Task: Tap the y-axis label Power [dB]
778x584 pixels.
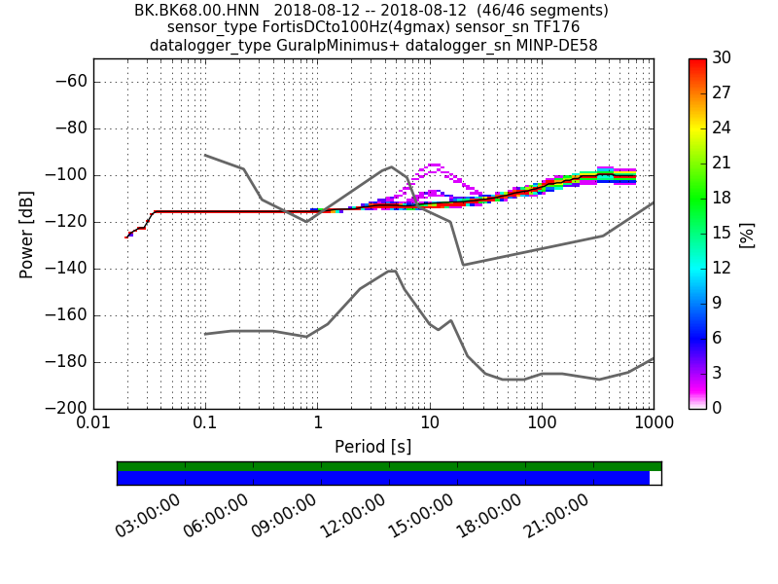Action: tap(27, 234)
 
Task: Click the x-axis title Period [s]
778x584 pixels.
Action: tap(373, 447)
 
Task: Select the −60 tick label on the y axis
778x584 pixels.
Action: tap(73, 82)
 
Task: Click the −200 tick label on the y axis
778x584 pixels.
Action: tap(69, 409)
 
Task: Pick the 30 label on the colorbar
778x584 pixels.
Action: tap(722, 58)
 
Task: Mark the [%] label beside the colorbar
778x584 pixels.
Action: tap(747, 234)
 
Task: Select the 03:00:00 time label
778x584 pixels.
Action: tap(147, 517)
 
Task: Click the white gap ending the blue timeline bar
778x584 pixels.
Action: tap(654, 478)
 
